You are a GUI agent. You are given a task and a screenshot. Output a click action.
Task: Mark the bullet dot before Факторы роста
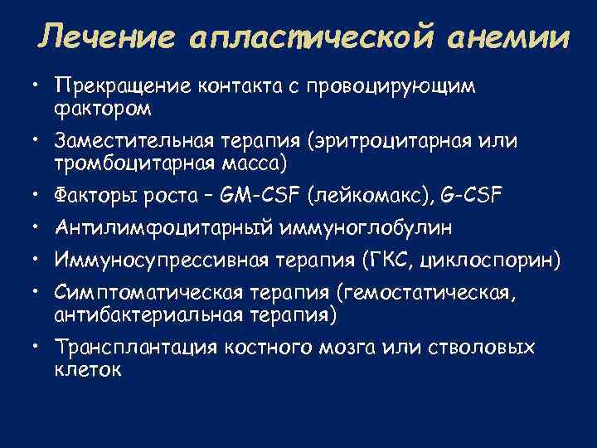point(36,196)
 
